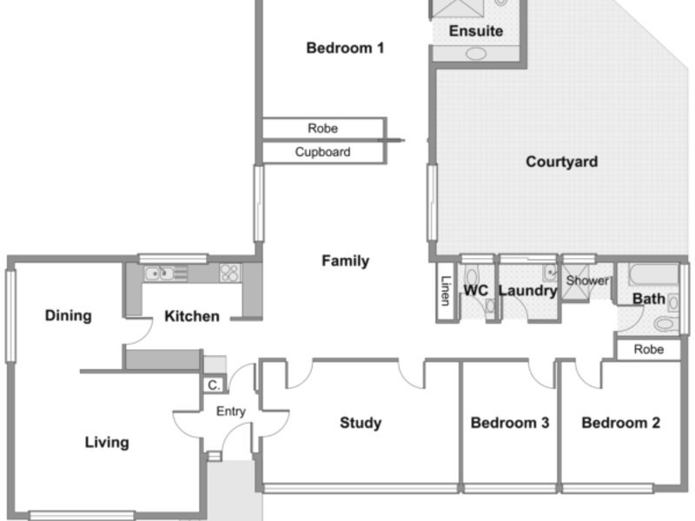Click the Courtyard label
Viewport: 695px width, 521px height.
coord(561,162)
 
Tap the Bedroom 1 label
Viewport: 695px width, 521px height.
coord(345,48)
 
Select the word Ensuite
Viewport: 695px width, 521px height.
coord(476,31)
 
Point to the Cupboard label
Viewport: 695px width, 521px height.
coord(322,152)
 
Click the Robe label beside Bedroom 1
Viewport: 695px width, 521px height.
coord(322,129)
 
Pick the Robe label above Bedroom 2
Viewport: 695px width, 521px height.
coord(649,350)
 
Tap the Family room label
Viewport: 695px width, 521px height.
coord(345,260)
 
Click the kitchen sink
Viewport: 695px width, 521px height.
coord(159,274)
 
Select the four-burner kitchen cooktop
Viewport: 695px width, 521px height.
coord(230,273)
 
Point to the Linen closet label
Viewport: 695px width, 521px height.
coord(446,291)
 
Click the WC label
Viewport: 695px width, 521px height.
coord(475,291)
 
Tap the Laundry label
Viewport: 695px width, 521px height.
coord(527,291)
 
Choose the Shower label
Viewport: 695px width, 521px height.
coord(588,280)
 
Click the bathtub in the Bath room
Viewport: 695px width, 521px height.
coord(653,274)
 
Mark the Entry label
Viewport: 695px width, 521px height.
coord(231,412)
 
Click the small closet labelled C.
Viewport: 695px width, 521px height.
coord(214,385)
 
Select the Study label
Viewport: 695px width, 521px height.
coord(361,423)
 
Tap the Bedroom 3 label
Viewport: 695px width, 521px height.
coord(510,423)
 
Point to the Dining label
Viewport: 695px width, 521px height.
coord(69,315)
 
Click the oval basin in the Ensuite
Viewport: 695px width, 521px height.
coord(475,54)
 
